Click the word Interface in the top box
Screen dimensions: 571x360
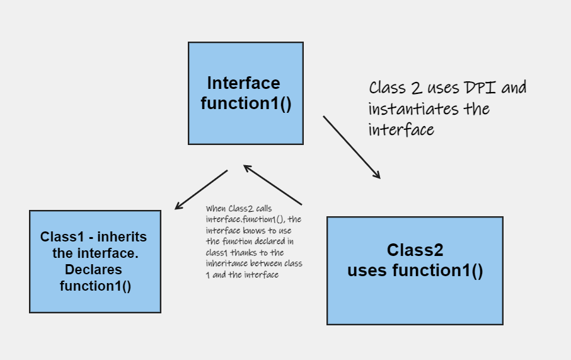(244, 83)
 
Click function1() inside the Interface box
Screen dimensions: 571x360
(246, 103)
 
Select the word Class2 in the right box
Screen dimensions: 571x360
(415, 250)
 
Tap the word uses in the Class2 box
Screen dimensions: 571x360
(367, 270)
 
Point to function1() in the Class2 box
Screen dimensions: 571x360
(437, 270)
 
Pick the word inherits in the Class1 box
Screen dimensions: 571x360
(122, 237)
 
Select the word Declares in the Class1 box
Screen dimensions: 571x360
(93, 270)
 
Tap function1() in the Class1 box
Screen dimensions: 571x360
(95, 286)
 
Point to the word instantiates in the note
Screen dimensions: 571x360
(413, 109)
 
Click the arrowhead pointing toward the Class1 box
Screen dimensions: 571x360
(178, 206)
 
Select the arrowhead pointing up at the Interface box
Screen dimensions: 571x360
(247, 168)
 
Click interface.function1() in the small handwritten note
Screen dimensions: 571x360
(246, 219)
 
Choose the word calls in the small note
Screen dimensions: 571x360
(263, 209)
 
